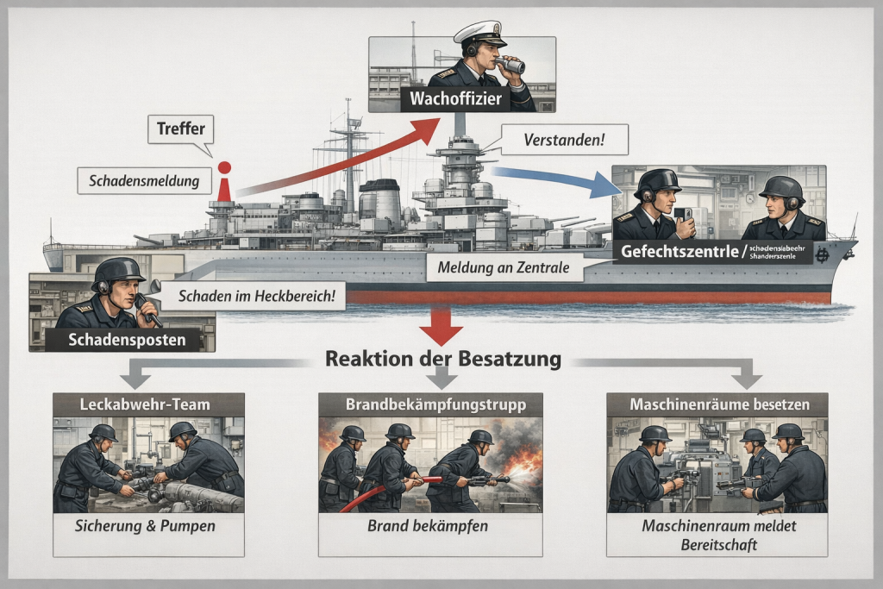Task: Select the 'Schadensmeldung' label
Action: [143, 181]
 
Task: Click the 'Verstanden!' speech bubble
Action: [563, 139]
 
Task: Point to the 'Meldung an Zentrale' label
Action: [504, 268]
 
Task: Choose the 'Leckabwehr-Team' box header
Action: [148, 404]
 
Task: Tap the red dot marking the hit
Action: [225, 167]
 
